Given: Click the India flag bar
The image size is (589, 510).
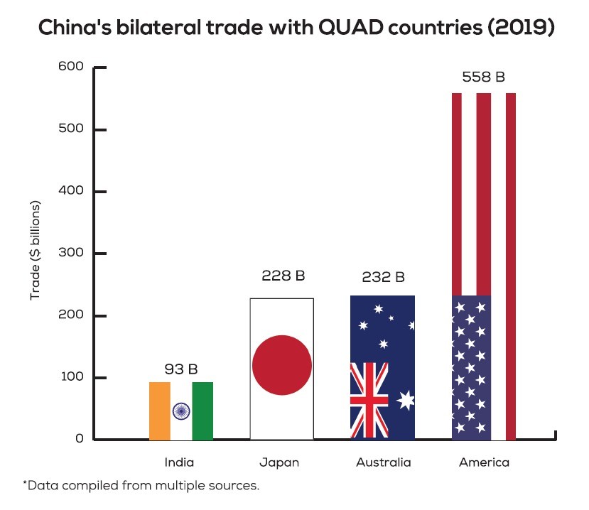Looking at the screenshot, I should click(x=181, y=411).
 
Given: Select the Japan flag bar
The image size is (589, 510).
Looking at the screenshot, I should click(x=282, y=369).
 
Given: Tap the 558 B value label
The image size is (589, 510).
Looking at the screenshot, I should click(x=483, y=77).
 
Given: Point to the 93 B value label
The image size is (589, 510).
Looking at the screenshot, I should click(x=181, y=369).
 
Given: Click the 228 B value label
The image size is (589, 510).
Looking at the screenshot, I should click(x=282, y=276).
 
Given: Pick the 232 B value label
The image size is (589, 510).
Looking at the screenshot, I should click(x=382, y=277).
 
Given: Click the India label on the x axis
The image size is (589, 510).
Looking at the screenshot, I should click(x=179, y=462).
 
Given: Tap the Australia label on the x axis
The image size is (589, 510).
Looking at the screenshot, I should click(x=383, y=462).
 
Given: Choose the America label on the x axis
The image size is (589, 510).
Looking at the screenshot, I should click(x=484, y=462).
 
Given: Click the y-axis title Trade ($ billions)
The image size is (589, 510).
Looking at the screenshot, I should click(x=36, y=251).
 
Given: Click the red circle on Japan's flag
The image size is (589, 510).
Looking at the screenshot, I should click(x=282, y=365).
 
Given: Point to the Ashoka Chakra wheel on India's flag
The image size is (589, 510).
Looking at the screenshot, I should click(x=181, y=411).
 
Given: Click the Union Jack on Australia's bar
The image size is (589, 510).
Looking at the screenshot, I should click(x=369, y=401).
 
